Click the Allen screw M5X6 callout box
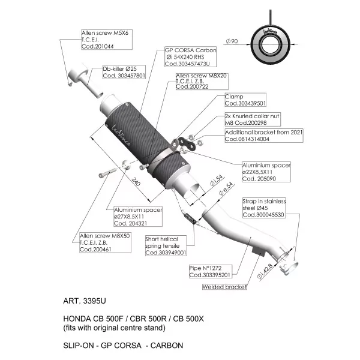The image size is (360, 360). (107, 39)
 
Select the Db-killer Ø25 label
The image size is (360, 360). (124, 72)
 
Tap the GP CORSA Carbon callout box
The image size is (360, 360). (191, 57)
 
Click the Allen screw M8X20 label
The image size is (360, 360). (202, 81)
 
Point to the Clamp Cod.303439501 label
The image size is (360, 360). (245, 100)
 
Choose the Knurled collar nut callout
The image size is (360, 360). (253, 119)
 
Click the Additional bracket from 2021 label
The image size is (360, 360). (264, 136)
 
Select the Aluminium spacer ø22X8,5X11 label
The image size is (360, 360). (266, 172)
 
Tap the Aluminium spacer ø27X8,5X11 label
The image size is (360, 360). (138, 216)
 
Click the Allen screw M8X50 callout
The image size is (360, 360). (105, 242)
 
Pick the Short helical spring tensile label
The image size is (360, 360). (166, 245)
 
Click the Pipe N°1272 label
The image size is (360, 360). (211, 271)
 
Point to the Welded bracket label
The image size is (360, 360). (224, 287)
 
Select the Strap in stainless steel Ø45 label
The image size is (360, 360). (264, 208)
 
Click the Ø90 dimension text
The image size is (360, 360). (232, 41)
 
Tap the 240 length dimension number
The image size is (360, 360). (136, 182)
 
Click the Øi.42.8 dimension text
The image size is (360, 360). (265, 271)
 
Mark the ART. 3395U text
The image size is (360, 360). (85, 301)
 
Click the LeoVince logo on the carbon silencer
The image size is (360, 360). (121, 135)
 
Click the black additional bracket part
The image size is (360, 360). (187, 143)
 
